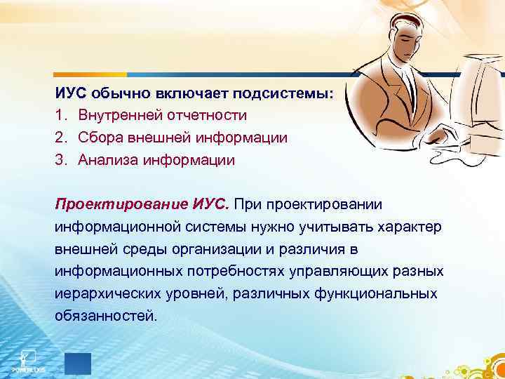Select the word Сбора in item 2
pos(100,137)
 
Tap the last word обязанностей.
pos(105,316)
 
